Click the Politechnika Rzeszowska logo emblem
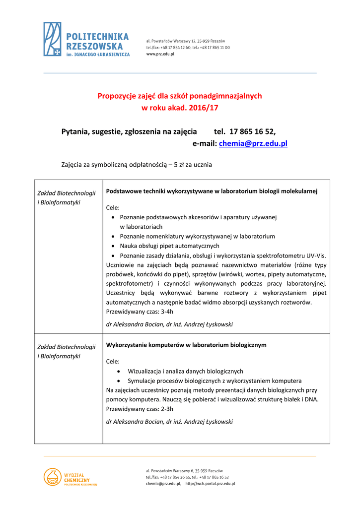[53, 39]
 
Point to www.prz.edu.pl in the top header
[160, 54]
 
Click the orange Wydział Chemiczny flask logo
[52, 477]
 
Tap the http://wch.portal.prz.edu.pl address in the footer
[210, 483]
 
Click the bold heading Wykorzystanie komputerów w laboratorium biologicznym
[186, 344]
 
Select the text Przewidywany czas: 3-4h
[140, 312]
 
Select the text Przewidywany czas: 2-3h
[140, 409]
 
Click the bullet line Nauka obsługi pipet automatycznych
[169, 246]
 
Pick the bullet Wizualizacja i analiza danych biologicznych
[185, 371]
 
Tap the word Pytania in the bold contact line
[74, 131]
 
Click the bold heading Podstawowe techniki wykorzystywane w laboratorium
[212, 190]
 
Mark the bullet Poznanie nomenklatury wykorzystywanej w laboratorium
[197, 236]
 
